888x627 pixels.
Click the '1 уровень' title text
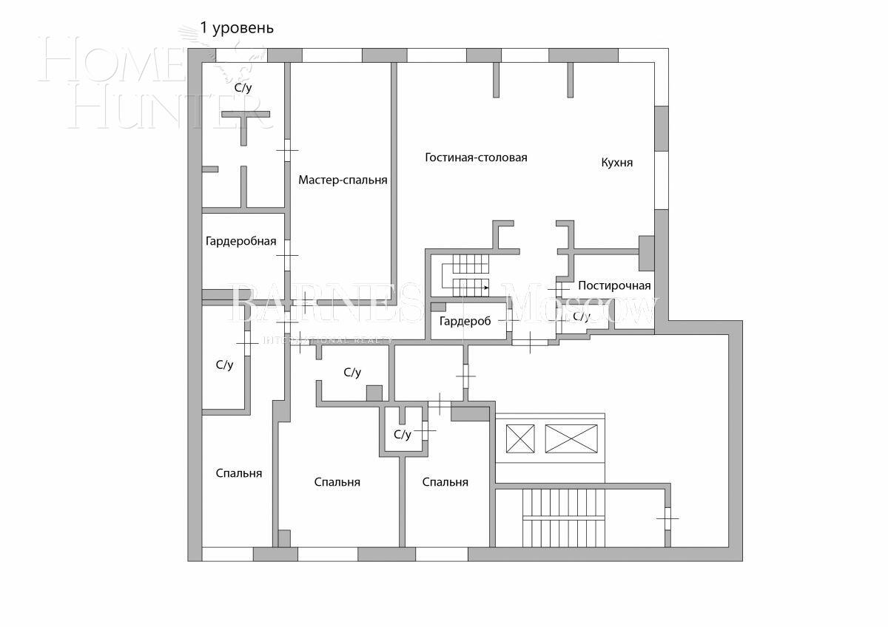pos(237,28)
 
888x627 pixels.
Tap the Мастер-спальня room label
pos(343,180)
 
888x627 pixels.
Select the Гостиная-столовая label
pos(476,157)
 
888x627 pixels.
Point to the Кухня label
pos(617,163)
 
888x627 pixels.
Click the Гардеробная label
pos(240,241)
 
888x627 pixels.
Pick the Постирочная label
pos(614,286)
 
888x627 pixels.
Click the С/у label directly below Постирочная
pos(582,316)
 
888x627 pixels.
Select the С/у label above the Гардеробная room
pos(243,87)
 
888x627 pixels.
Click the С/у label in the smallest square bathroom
pos(402,435)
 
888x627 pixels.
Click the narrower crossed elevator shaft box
pos(519,438)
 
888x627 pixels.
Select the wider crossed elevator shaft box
pos(571,438)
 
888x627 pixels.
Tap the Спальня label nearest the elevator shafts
pos(445,482)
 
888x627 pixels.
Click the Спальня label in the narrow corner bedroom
pos(238,473)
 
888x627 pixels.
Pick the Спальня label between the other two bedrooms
pos(337,482)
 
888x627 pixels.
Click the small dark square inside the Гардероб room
pos(439,307)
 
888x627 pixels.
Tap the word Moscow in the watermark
pos(585,307)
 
